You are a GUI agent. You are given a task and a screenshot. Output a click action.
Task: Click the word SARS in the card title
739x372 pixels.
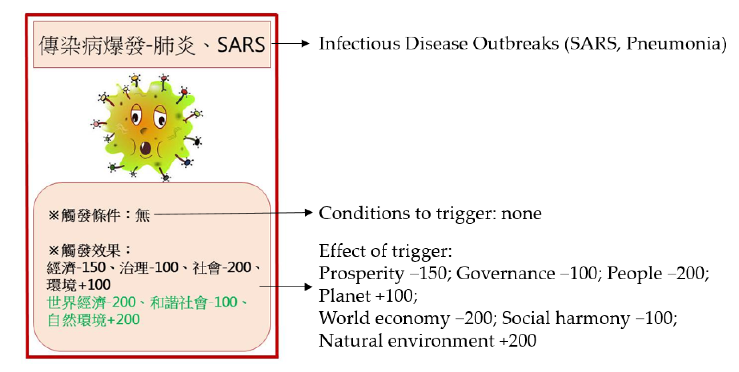241,45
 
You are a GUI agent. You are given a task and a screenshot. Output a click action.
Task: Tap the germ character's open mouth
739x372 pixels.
145,148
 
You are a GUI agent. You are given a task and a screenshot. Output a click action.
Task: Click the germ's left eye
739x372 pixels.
136,115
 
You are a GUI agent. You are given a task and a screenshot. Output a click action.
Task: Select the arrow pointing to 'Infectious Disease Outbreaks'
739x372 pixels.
290,44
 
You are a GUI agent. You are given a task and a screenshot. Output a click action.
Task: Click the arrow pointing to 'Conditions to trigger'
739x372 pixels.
233,213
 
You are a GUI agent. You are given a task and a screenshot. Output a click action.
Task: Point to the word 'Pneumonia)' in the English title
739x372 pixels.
676,44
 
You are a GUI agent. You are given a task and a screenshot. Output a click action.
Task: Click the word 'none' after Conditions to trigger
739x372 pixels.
521,214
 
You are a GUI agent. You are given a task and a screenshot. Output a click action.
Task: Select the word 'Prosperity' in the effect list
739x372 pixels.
362,274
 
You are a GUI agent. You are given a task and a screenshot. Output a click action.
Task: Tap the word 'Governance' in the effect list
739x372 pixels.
506,273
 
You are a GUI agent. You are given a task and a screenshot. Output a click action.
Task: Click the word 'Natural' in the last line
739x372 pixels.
351,341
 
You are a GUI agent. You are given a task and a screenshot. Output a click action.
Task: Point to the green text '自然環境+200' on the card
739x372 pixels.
93,320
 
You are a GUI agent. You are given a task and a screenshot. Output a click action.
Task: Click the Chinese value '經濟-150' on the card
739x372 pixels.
76,267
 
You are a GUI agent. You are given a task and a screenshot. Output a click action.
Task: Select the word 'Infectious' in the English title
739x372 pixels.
359,44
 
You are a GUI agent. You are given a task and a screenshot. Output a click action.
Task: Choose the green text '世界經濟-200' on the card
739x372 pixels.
92,302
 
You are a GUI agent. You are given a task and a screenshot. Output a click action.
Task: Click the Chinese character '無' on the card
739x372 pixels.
143,215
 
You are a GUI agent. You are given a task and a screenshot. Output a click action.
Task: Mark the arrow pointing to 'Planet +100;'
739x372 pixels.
286,286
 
